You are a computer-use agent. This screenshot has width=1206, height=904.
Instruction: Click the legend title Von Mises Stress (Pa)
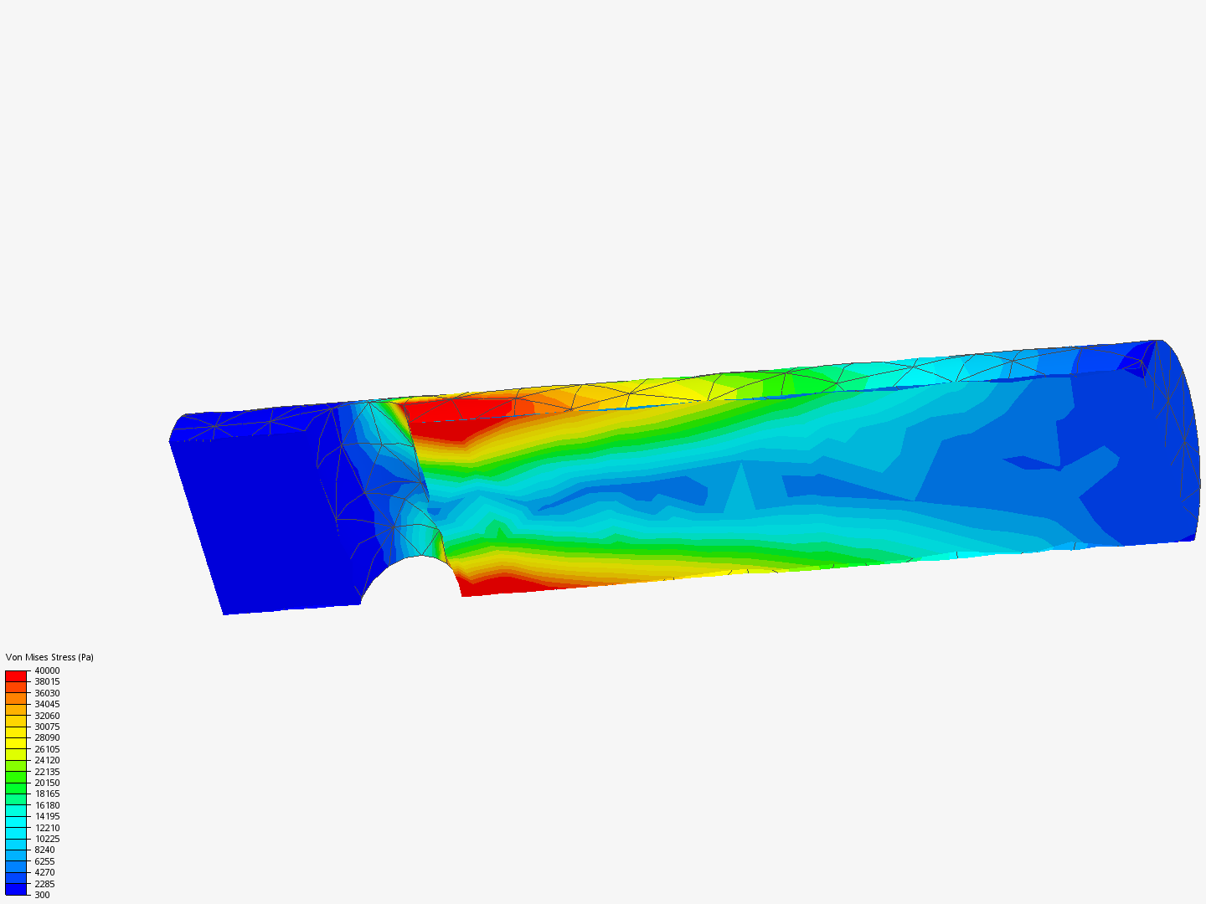pyautogui.click(x=49, y=657)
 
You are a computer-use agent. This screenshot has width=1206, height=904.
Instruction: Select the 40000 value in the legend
pyautogui.click(x=47, y=670)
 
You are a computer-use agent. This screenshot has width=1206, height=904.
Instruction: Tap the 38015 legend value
pyautogui.click(x=47, y=681)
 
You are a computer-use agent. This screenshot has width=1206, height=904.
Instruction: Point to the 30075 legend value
pyautogui.click(x=47, y=727)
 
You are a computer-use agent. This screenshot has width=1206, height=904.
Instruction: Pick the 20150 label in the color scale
pyautogui.click(x=47, y=783)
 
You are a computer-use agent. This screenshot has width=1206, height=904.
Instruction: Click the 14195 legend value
pyautogui.click(x=47, y=816)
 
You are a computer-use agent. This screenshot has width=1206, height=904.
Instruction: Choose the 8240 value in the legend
pyautogui.click(x=44, y=850)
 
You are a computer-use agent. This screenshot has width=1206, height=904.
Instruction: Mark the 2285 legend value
pyautogui.click(x=44, y=884)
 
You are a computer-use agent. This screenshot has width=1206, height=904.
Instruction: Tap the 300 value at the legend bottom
pyautogui.click(x=42, y=895)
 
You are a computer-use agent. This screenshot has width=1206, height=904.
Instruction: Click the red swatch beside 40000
pyautogui.click(x=16, y=675)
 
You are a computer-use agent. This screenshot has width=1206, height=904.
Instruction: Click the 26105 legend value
pyautogui.click(x=47, y=749)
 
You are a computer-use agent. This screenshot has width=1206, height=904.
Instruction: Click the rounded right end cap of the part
pyautogui.click(x=1177, y=444)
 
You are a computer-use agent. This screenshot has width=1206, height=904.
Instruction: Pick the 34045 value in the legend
pyautogui.click(x=47, y=704)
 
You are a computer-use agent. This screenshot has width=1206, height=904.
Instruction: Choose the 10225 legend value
pyautogui.click(x=47, y=839)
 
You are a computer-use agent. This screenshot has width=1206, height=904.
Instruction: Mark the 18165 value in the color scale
pyautogui.click(x=47, y=794)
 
